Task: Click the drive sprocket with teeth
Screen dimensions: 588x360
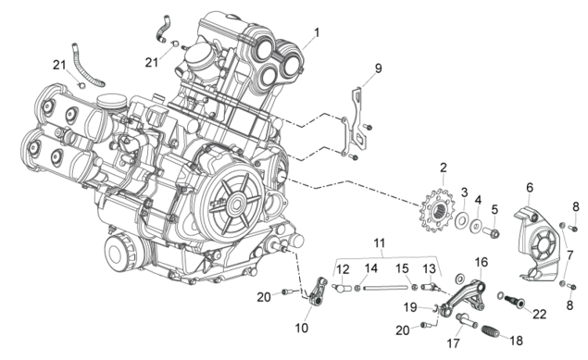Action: (x=438, y=210)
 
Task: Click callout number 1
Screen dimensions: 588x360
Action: (x=317, y=32)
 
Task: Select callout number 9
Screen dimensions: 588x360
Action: (x=378, y=68)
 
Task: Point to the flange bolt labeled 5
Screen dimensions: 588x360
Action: (x=491, y=231)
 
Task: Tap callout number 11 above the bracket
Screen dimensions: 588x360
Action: (x=380, y=243)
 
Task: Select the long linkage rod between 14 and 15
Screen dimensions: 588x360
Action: (x=385, y=288)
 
